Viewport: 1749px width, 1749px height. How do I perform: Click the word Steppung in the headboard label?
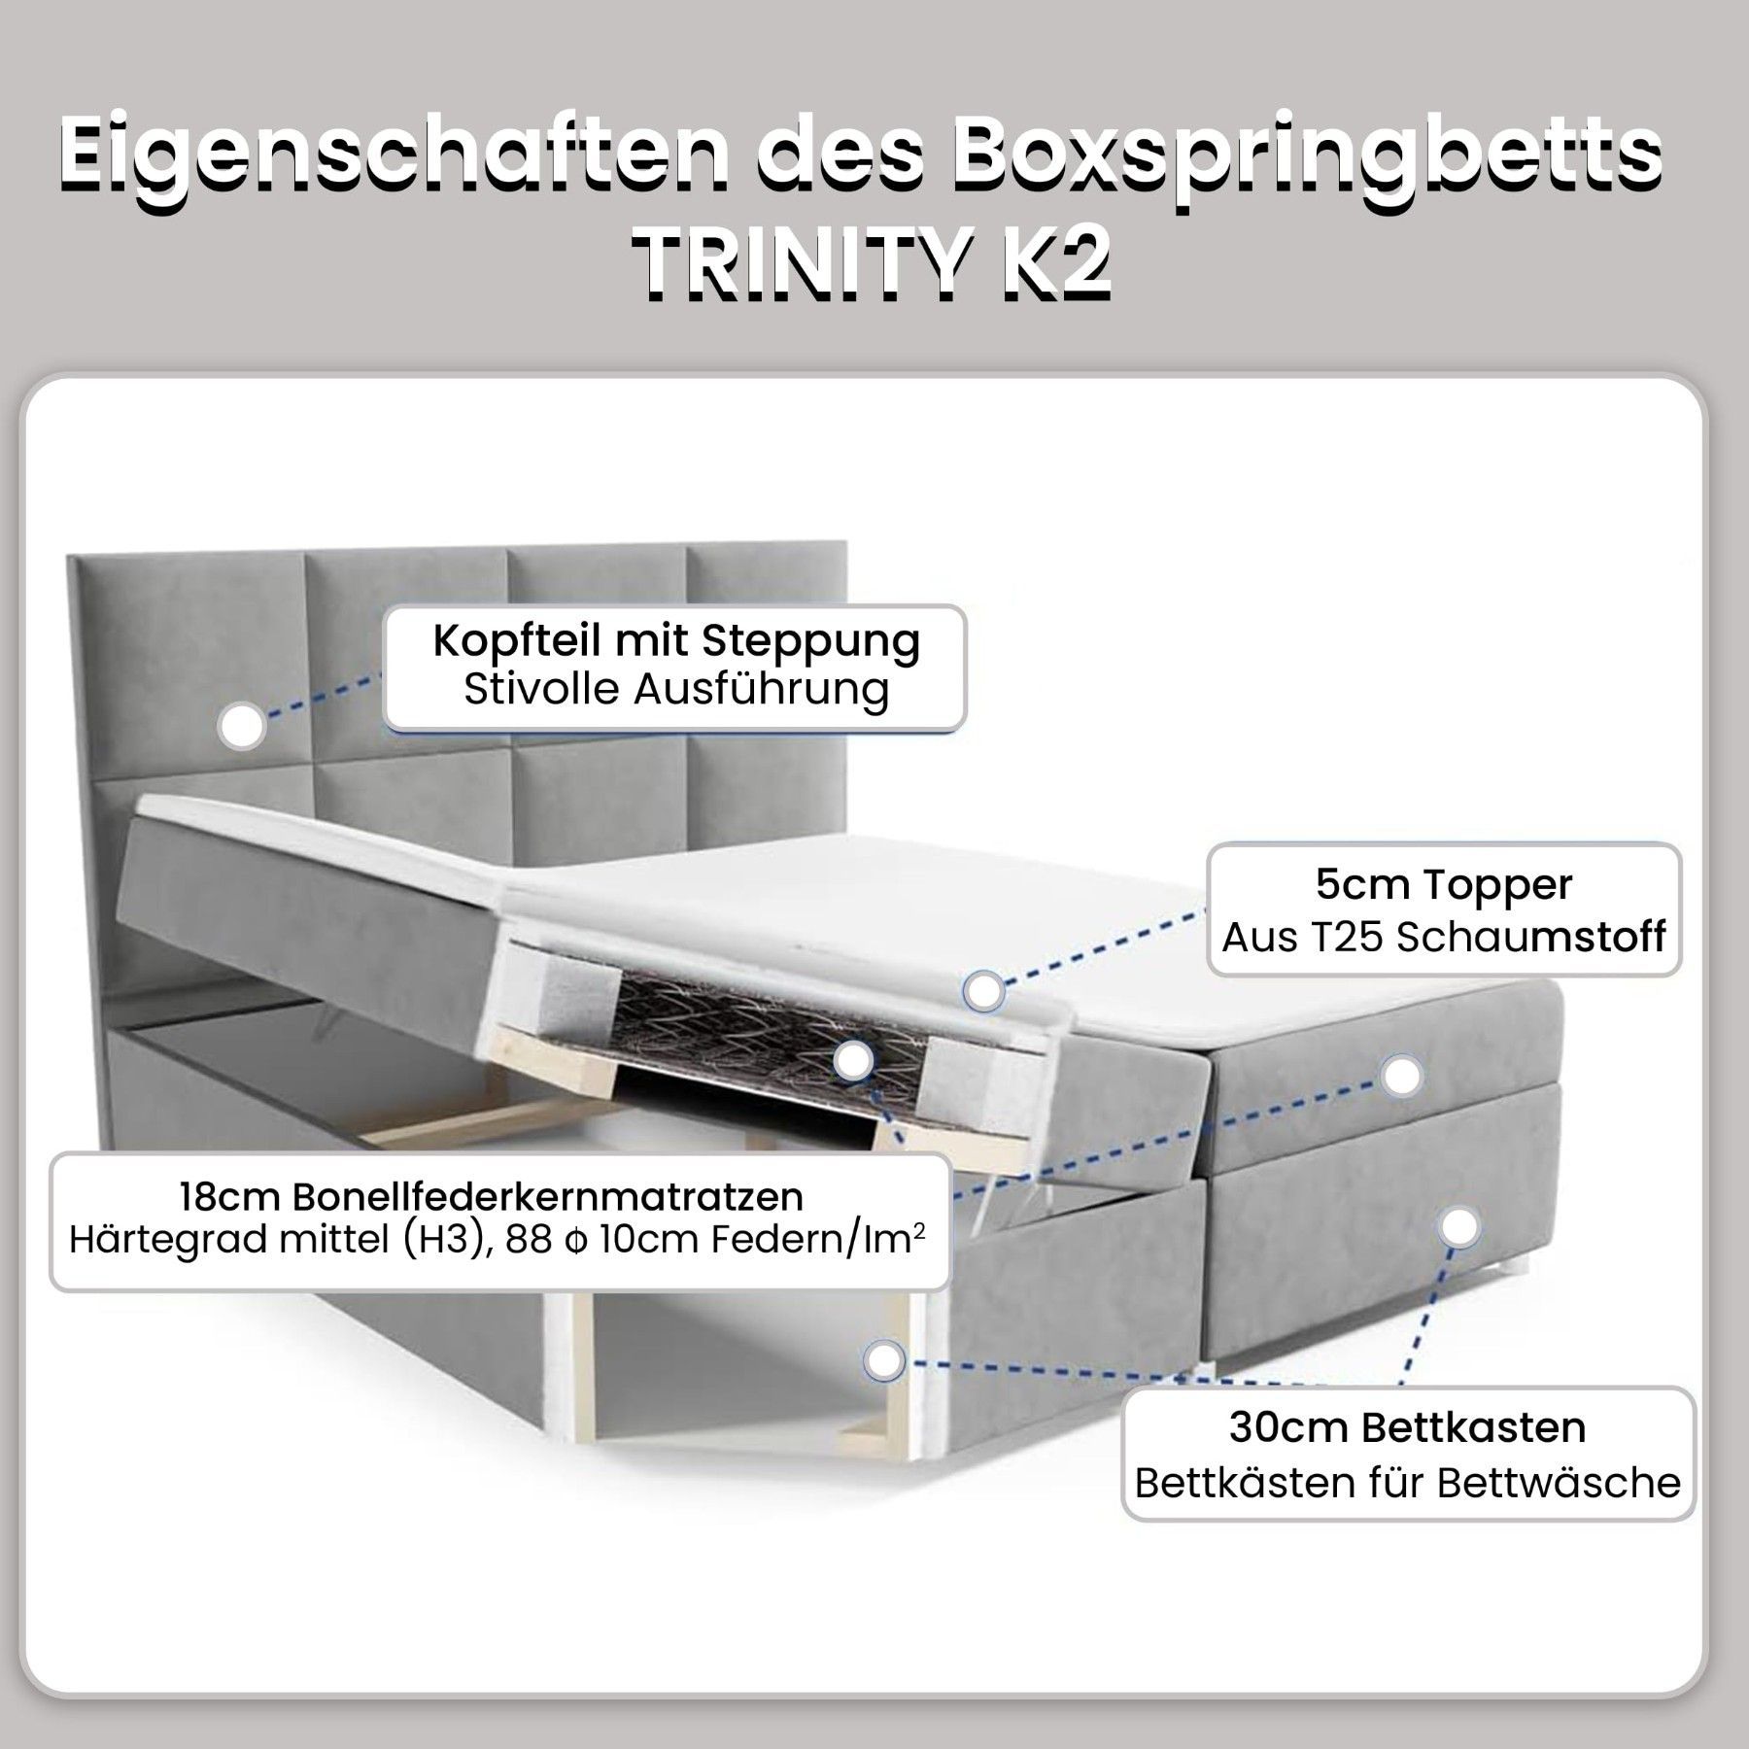811,642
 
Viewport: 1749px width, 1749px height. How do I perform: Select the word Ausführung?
761,690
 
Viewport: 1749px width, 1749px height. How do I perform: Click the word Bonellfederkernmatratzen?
548,1196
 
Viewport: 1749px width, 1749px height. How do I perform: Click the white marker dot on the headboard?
242,725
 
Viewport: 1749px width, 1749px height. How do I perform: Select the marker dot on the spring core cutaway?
854,1062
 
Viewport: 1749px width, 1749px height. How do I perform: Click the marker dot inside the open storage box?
883,1361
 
